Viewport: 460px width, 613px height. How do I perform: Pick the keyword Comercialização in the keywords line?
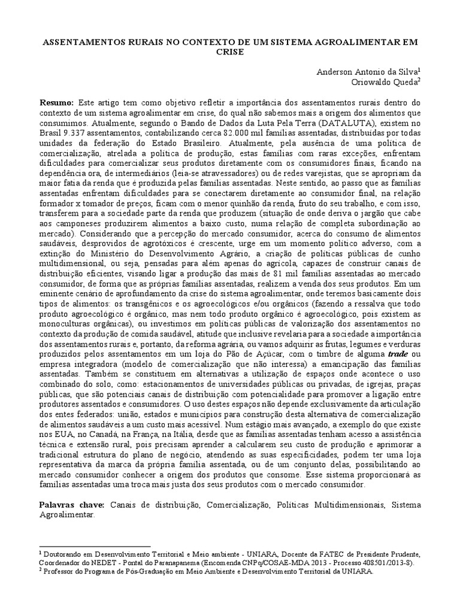[238, 505]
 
